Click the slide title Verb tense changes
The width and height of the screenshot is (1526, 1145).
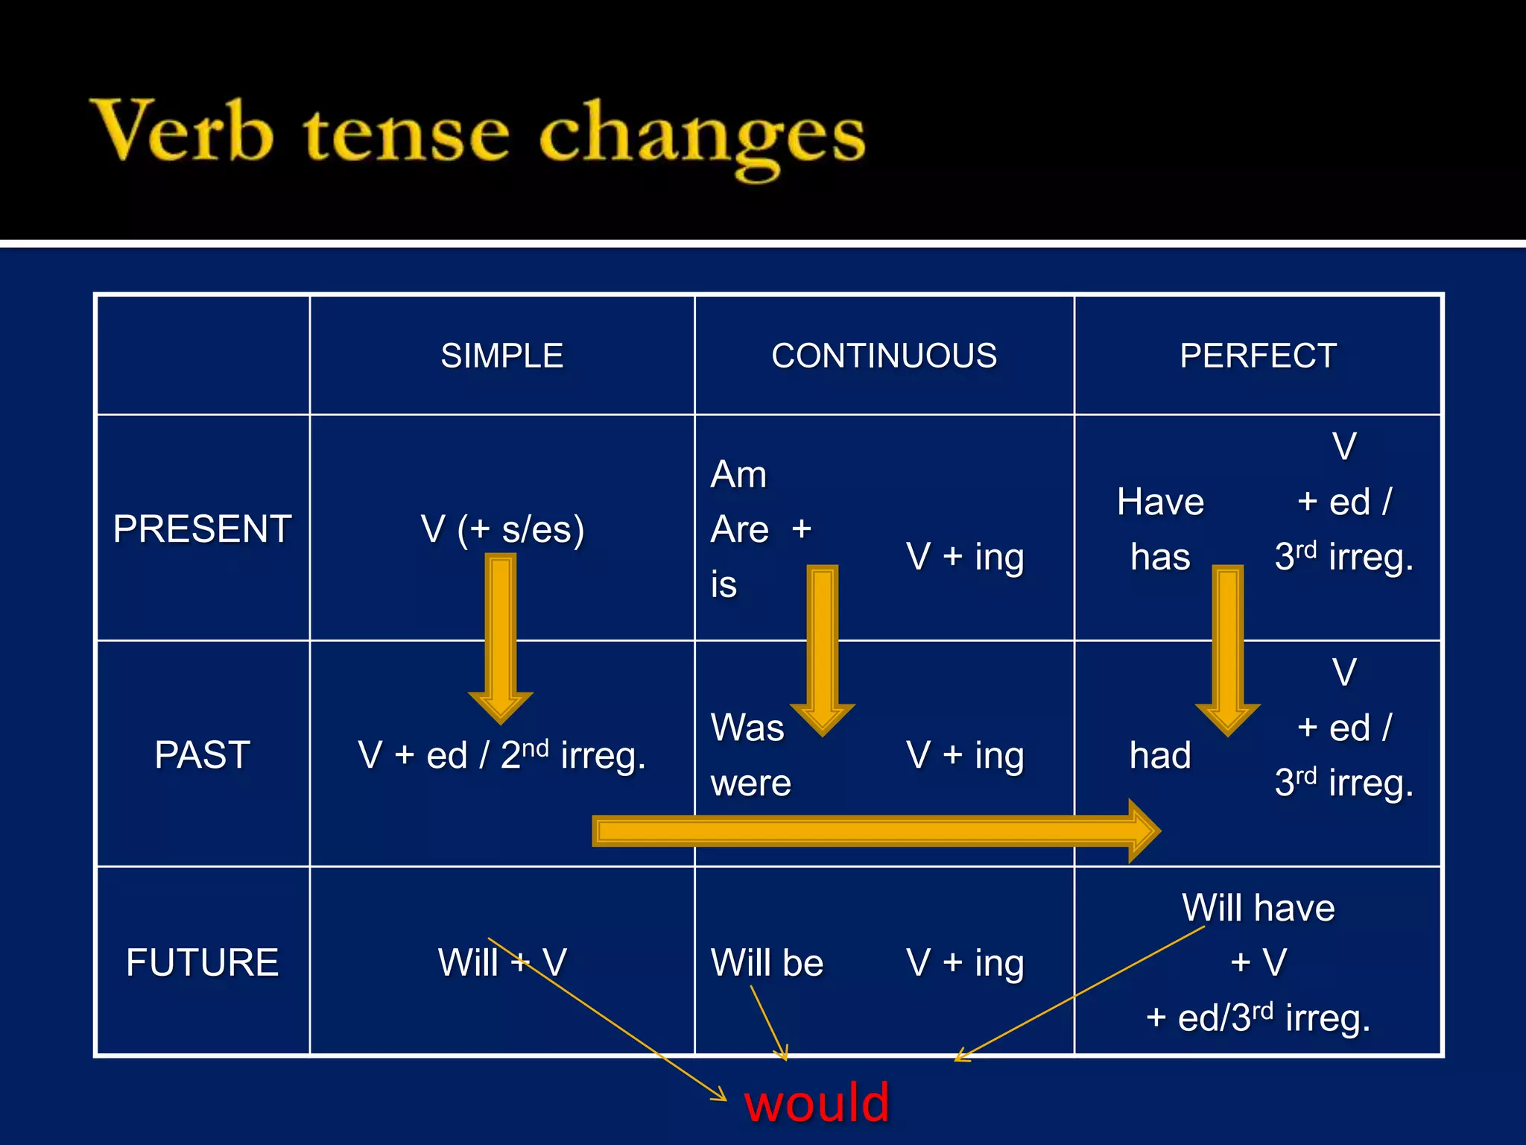pos(477,134)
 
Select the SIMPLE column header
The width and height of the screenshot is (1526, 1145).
pos(501,356)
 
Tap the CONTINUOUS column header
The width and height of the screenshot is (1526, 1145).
pos(884,356)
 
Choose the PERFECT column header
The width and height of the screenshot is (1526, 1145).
pos(1258,356)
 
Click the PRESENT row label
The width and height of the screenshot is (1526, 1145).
pos(202,529)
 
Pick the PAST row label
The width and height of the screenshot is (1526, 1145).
pos(202,754)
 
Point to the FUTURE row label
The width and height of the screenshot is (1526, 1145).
pos(202,962)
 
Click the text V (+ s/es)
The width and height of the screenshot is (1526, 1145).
pos(502,529)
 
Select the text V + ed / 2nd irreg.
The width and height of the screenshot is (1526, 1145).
pos(501,755)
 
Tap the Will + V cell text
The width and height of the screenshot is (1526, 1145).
pos(501,962)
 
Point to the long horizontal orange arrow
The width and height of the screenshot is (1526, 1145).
pos(872,831)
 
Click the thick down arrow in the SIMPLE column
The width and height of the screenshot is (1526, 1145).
pos(501,634)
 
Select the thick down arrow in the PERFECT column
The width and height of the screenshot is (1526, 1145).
pos(1228,646)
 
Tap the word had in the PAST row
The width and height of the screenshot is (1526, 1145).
pos(1160,755)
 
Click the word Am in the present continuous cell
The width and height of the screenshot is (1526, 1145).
pos(738,475)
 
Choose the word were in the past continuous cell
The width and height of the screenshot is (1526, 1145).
pos(750,783)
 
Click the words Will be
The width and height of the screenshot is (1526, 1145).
pos(767,962)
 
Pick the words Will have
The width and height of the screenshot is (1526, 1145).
pos(1258,908)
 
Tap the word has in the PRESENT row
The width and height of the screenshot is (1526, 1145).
pos(1160,557)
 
